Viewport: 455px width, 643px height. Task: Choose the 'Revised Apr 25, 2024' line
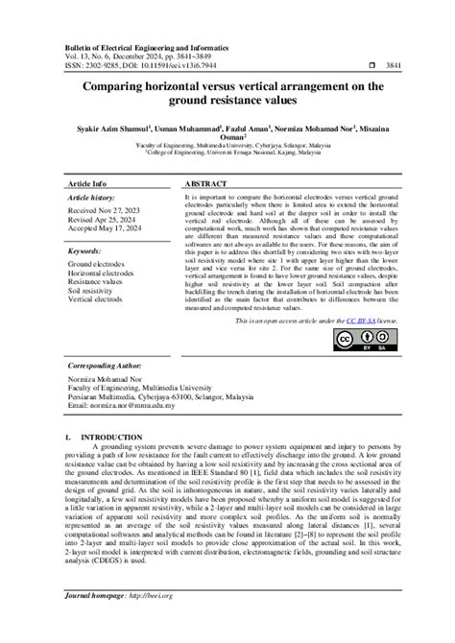[x=102, y=220]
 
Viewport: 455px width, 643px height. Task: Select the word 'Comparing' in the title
[x=114, y=85]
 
